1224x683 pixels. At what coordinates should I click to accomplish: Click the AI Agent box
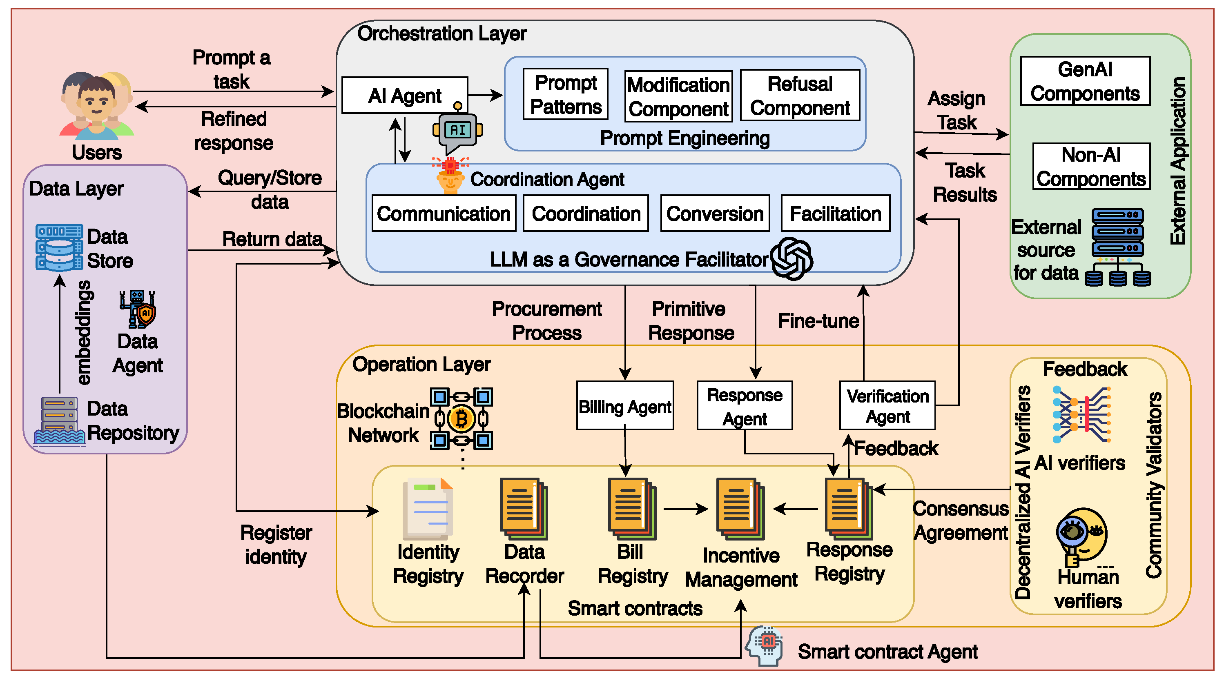tap(404, 96)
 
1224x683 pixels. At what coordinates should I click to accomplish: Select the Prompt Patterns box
tap(565, 95)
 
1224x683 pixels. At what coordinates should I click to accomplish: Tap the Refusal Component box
tap(800, 96)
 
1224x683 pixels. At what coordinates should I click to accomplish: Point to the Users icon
tap(96, 105)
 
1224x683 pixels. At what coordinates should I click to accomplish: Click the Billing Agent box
tap(625, 406)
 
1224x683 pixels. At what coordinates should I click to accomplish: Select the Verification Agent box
tap(887, 406)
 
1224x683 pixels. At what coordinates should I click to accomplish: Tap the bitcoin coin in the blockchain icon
tap(461, 419)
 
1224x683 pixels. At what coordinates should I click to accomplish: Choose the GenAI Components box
tap(1085, 81)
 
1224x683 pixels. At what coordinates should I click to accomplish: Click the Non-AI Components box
tap(1091, 167)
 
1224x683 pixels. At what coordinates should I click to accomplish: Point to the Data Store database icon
tap(59, 247)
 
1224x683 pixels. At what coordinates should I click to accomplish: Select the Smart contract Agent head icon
tap(765, 645)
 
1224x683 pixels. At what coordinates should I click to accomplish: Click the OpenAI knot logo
tap(791, 259)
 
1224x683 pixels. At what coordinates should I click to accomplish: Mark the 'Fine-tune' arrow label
tap(818, 321)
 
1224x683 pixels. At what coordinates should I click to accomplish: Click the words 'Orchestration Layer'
tap(441, 34)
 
